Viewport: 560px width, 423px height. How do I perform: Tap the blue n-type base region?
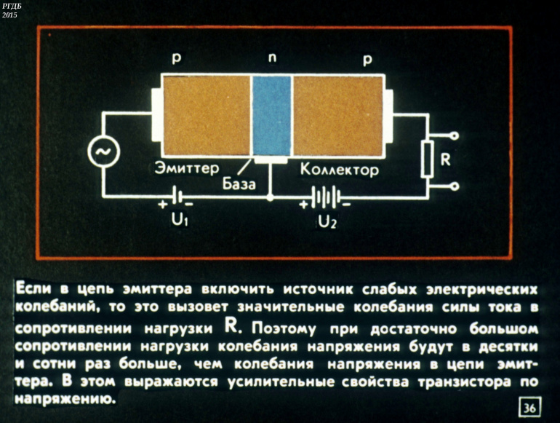coord(272,116)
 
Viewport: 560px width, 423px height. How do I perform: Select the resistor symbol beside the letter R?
coord(427,159)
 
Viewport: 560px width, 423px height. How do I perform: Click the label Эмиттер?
coord(186,168)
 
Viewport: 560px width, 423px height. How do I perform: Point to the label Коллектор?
coord(339,170)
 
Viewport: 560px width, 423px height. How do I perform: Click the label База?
coord(239,184)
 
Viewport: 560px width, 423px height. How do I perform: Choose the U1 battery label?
coord(180,220)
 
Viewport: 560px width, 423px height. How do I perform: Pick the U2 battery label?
coord(327,221)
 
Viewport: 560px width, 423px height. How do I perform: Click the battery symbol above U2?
coord(326,197)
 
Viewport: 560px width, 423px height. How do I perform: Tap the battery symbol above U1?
coord(177,196)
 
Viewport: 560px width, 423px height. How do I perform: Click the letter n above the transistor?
coord(272,58)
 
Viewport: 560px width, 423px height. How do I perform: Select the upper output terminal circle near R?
coord(455,136)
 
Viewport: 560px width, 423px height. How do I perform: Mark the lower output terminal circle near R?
coord(455,186)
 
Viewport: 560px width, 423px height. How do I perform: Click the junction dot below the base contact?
coord(271,197)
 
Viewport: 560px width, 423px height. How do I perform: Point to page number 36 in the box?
coord(529,407)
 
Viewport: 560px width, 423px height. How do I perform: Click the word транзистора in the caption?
coord(465,382)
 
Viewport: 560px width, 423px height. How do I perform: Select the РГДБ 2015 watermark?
coord(11,10)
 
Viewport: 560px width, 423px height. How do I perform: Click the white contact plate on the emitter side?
coord(156,114)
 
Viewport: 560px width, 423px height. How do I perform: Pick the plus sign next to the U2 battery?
coord(303,205)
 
